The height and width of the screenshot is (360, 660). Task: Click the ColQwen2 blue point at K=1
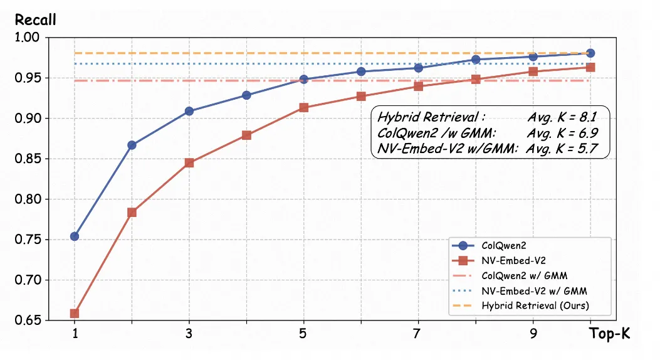tap(75, 236)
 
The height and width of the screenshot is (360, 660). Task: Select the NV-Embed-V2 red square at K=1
tap(75, 314)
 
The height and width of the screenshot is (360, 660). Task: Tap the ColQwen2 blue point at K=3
tap(189, 112)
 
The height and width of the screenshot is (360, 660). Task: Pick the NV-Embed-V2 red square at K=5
tap(303, 108)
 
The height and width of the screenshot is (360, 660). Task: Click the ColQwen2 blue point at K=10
tap(590, 53)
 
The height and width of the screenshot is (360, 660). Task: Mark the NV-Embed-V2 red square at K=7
tap(418, 86)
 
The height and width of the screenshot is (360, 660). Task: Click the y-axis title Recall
tap(35, 20)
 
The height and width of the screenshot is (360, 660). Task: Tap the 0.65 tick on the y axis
tap(27, 320)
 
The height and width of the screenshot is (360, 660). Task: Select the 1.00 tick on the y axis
tap(27, 38)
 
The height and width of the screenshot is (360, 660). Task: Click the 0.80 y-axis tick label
tap(27, 199)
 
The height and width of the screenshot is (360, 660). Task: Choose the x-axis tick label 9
tap(533, 334)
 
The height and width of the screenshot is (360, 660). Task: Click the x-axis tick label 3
tap(189, 334)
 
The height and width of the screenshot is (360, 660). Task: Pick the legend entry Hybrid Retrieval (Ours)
tap(536, 306)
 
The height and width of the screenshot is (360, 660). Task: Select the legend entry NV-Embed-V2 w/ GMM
tap(534, 291)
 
